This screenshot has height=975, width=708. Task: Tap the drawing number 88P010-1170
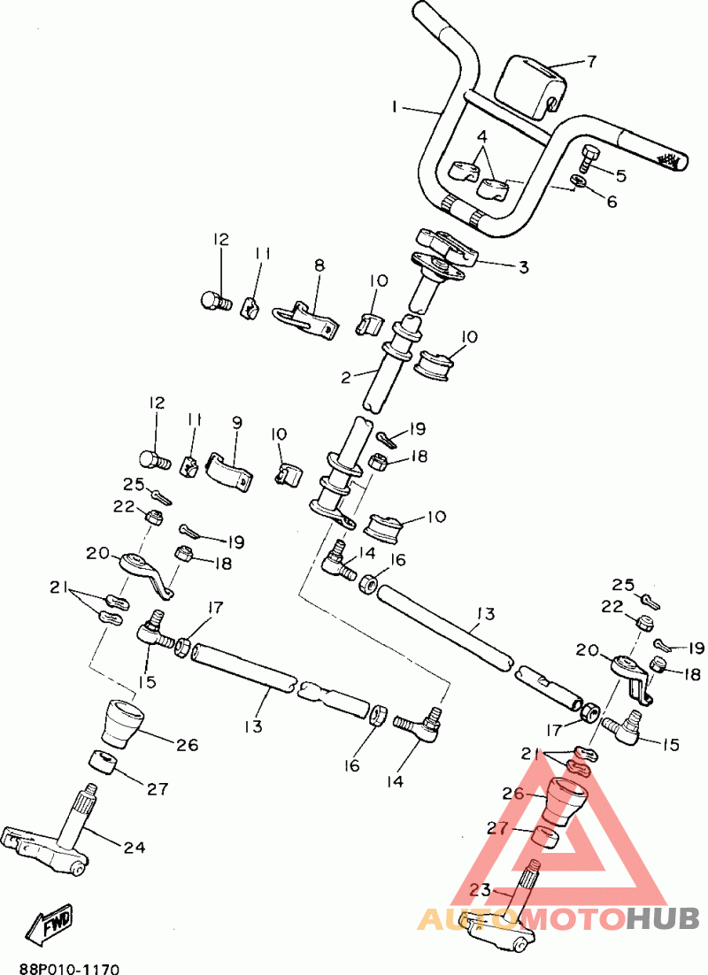tap(68, 968)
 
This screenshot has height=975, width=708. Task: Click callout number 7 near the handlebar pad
tap(592, 62)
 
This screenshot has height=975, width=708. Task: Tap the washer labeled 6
tap(578, 181)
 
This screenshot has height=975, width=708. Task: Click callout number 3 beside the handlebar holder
tap(524, 267)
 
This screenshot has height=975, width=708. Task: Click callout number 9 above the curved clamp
tap(237, 423)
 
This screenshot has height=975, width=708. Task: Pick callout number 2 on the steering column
tap(347, 377)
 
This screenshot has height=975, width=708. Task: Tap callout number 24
tap(135, 848)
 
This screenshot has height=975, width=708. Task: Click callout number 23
tap(480, 889)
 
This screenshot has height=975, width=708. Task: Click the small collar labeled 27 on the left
tap(104, 763)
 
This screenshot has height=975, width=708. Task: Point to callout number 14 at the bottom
tap(395, 780)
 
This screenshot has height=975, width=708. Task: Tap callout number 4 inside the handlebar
tap(483, 136)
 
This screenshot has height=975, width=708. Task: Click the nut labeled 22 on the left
tap(154, 516)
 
